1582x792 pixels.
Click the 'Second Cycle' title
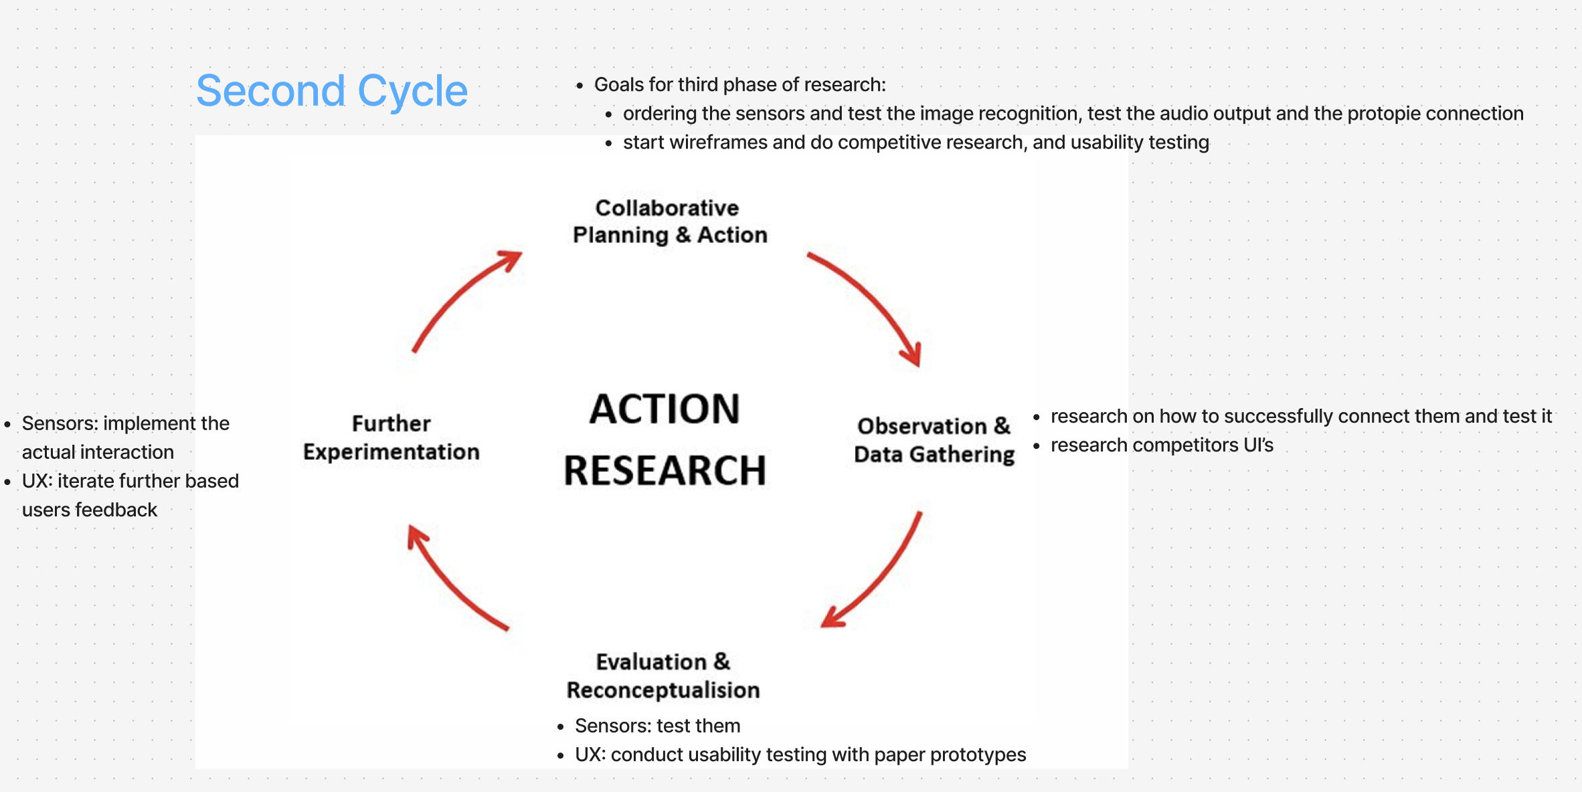(331, 91)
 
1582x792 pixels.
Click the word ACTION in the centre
(665, 409)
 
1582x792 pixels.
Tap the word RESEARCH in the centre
(665, 470)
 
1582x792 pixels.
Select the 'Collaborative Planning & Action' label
(669, 221)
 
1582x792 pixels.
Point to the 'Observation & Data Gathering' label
(934, 440)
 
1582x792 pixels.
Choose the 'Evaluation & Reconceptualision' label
(663, 676)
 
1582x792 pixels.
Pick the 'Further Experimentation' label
(391, 437)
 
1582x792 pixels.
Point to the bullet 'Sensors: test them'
(657, 726)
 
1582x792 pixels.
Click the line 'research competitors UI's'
(1162, 446)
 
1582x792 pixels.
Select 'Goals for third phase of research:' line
(739, 85)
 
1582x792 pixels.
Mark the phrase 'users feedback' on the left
(90, 510)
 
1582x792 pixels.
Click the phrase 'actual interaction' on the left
(98, 453)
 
